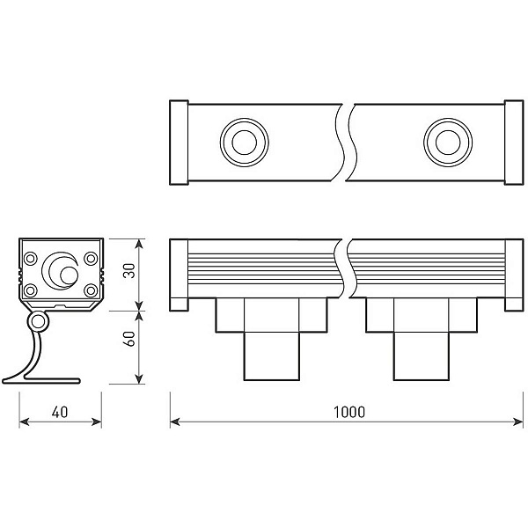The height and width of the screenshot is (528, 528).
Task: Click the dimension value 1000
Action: tap(348, 412)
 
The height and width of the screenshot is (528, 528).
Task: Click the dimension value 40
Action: tap(60, 412)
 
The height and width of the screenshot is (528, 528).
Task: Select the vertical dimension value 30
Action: tap(129, 271)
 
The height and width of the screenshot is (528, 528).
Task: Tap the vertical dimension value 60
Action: tap(129, 339)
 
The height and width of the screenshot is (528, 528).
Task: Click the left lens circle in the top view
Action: tap(245, 142)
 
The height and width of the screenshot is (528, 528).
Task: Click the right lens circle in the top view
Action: tap(448, 142)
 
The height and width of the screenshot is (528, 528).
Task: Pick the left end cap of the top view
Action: tap(179, 143)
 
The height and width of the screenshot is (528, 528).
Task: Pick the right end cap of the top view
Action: tap(514, 143)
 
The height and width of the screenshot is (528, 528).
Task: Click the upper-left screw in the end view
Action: tap(30, 259)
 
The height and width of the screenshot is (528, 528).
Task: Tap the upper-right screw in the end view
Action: tap(91, 259)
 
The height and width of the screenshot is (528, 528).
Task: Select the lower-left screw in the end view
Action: tap(30, 290)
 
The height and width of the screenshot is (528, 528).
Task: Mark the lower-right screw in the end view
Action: tap(91, 290)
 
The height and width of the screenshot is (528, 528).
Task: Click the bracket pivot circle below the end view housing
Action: tap(38, 322)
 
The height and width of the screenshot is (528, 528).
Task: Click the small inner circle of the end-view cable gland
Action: tap(69, 275)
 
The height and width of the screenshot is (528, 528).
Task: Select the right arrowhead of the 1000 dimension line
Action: tap(518, 422)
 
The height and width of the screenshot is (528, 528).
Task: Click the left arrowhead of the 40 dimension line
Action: tap(25, 422)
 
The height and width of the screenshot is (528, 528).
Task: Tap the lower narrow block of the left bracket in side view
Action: tap(271, 356)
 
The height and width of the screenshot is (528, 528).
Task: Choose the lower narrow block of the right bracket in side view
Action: tap(422, 356)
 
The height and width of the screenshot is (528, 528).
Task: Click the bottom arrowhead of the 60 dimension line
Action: tap(139, 378)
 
